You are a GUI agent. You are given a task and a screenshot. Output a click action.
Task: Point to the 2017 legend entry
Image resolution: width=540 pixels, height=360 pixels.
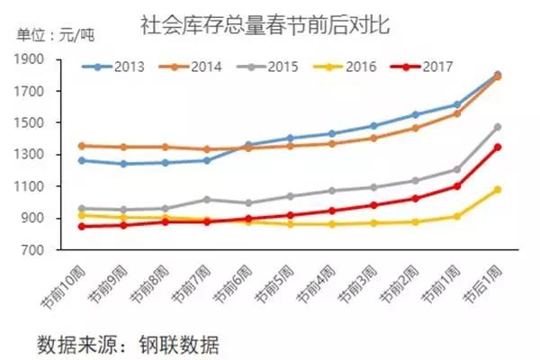438,67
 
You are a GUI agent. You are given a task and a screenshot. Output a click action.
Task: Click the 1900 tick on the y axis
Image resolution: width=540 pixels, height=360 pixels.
31,59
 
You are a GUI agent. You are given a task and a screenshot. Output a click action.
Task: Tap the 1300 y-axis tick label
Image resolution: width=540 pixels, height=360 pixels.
31,155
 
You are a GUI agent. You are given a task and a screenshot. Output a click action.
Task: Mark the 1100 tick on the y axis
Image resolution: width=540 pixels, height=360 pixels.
31,186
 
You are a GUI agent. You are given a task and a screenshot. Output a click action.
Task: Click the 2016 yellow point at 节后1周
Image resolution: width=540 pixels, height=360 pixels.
497,190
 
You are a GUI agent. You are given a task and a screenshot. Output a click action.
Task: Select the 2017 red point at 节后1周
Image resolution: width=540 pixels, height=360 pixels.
497,147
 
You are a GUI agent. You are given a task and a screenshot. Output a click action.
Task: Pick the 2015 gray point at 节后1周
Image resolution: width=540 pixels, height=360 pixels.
497,128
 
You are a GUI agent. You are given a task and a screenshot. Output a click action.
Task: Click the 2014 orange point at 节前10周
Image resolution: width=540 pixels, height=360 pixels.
82,145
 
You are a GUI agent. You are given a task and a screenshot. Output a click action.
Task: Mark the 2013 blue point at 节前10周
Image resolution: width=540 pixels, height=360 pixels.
82,160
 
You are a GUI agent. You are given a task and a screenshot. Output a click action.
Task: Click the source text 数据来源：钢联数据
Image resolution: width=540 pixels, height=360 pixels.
127,343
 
